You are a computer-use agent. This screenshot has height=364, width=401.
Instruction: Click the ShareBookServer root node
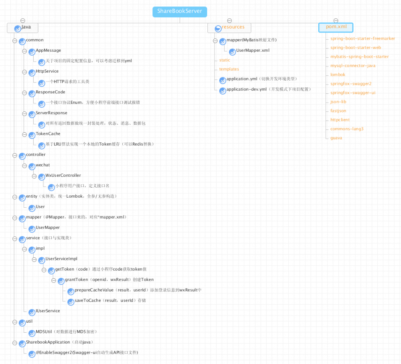(x=180, y=12)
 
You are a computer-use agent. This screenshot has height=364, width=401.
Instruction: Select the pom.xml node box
(x=336, y=27)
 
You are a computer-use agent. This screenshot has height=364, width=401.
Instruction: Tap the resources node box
(x=229, y=27)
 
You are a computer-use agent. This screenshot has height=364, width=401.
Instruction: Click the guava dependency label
(x=336, y=138)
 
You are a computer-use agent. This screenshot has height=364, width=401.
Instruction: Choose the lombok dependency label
(x=338, y=75)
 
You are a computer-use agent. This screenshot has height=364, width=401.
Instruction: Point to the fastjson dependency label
(x=338, y=111)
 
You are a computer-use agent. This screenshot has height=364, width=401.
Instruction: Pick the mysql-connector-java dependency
(x=352, y=66)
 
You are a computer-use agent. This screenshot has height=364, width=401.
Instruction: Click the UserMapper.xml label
(x=253, y=51)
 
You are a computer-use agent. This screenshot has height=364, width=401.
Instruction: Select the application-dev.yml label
(x=246, y=89)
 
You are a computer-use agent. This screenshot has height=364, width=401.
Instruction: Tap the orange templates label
(x=229, y=69)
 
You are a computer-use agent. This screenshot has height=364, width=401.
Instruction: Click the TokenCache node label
(x=48, y=134)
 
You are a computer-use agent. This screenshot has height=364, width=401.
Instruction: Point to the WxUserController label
(x=63, y=176)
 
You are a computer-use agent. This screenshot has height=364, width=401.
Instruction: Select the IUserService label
(x=48, y=311)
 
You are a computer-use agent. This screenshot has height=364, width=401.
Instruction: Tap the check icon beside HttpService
(x=32, y=73)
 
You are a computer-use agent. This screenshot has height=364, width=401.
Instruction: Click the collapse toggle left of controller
(x=15, y=155)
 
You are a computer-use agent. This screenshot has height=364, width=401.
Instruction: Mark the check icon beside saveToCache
(x=71, y=302)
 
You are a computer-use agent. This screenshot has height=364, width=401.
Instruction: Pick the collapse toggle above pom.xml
(x=336, y=20)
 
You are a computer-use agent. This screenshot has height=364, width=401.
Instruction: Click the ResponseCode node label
(x=50, y=92)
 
